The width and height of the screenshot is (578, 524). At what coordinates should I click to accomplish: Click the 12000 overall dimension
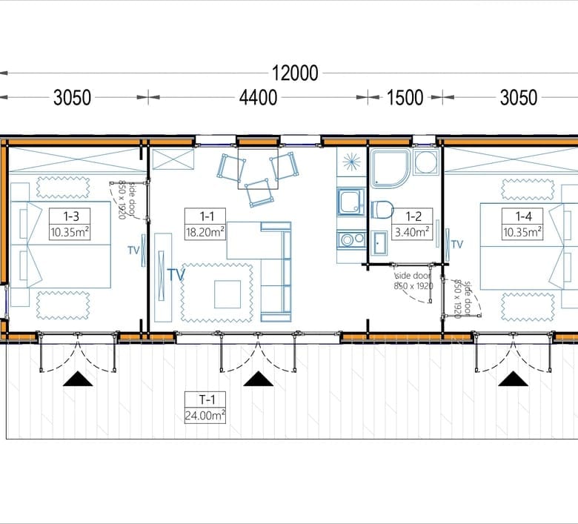(294, 73)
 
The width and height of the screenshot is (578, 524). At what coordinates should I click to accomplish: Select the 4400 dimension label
(258, 98)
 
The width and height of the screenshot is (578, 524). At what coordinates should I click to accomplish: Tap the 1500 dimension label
(405, 98)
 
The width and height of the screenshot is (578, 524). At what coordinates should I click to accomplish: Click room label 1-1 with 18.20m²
(205, 225)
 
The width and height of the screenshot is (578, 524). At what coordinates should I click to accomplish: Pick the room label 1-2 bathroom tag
(412, 225)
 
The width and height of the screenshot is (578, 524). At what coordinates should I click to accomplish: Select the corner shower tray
(391, 168)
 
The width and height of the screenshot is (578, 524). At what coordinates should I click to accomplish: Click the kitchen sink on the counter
(351, 202)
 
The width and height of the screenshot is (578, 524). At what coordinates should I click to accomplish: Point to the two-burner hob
(351, 239)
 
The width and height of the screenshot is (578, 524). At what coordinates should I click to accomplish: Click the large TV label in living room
(176, 275)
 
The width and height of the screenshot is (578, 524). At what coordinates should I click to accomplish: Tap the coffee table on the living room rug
(227, 294)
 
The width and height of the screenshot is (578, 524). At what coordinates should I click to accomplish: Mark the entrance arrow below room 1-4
(513, 379)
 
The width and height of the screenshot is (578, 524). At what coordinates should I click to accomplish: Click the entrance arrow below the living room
(259, 379)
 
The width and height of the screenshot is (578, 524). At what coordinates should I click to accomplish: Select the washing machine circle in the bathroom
(426, 162)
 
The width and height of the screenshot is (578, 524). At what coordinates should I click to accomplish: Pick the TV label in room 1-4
(457, 244)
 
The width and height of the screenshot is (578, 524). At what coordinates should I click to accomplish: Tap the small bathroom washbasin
(379, 243)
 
